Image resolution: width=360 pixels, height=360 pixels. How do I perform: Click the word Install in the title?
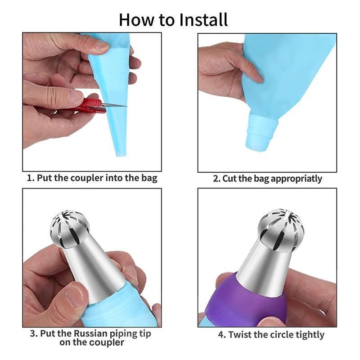point(203,20)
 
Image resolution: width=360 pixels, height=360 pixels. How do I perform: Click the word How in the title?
point(137,20)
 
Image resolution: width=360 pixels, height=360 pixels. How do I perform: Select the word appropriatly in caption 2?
point(296,179)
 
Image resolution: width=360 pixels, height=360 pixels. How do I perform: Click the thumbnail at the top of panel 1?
point(102,45)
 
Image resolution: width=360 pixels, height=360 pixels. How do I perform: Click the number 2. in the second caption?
point(217,179)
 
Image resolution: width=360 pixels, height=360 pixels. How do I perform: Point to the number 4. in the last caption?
point(222,335)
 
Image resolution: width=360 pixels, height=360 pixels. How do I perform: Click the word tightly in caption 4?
point(310,335)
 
